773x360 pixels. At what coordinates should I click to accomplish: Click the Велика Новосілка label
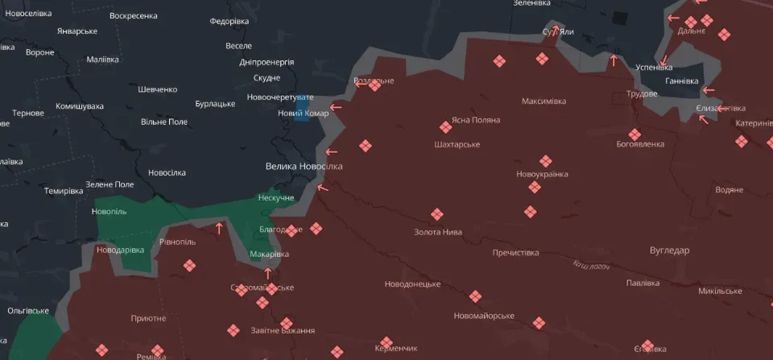tap(304, 166)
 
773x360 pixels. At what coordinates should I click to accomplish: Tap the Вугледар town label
tap(669, 250)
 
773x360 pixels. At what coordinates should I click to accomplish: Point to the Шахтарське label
tap(457, 144)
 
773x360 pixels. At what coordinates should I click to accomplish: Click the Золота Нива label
tap(438, 232)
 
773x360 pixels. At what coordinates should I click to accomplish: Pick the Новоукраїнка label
tap(542, 174)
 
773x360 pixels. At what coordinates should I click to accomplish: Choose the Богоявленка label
tap(640, 144)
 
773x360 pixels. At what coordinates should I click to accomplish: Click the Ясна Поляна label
tap(476, 120)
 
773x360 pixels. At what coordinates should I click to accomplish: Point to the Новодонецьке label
tap(412, 284)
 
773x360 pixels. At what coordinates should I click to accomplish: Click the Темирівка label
tap(64, 191)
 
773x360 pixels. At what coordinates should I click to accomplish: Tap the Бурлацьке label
tap(215, 104)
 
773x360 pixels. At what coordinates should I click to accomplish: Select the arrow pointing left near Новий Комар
tap(335, 106)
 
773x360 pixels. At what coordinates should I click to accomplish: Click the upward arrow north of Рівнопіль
tap(218, 229)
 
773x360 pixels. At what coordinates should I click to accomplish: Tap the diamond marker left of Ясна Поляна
tap(445, 127)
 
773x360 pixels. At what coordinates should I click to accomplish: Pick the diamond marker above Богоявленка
tap(635, 134)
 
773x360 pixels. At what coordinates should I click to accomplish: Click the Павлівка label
tap(643, 283)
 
